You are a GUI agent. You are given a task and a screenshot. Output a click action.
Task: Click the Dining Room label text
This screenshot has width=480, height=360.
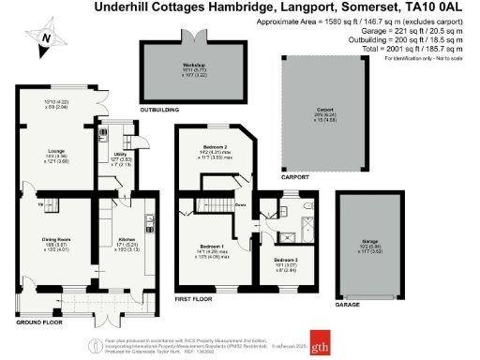click(x=56, y=239)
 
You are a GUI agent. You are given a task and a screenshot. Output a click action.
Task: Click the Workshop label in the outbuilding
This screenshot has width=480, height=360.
click(x=194, y=65)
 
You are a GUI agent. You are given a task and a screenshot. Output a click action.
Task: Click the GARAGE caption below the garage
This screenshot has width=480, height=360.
click(x=349, y=305)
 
